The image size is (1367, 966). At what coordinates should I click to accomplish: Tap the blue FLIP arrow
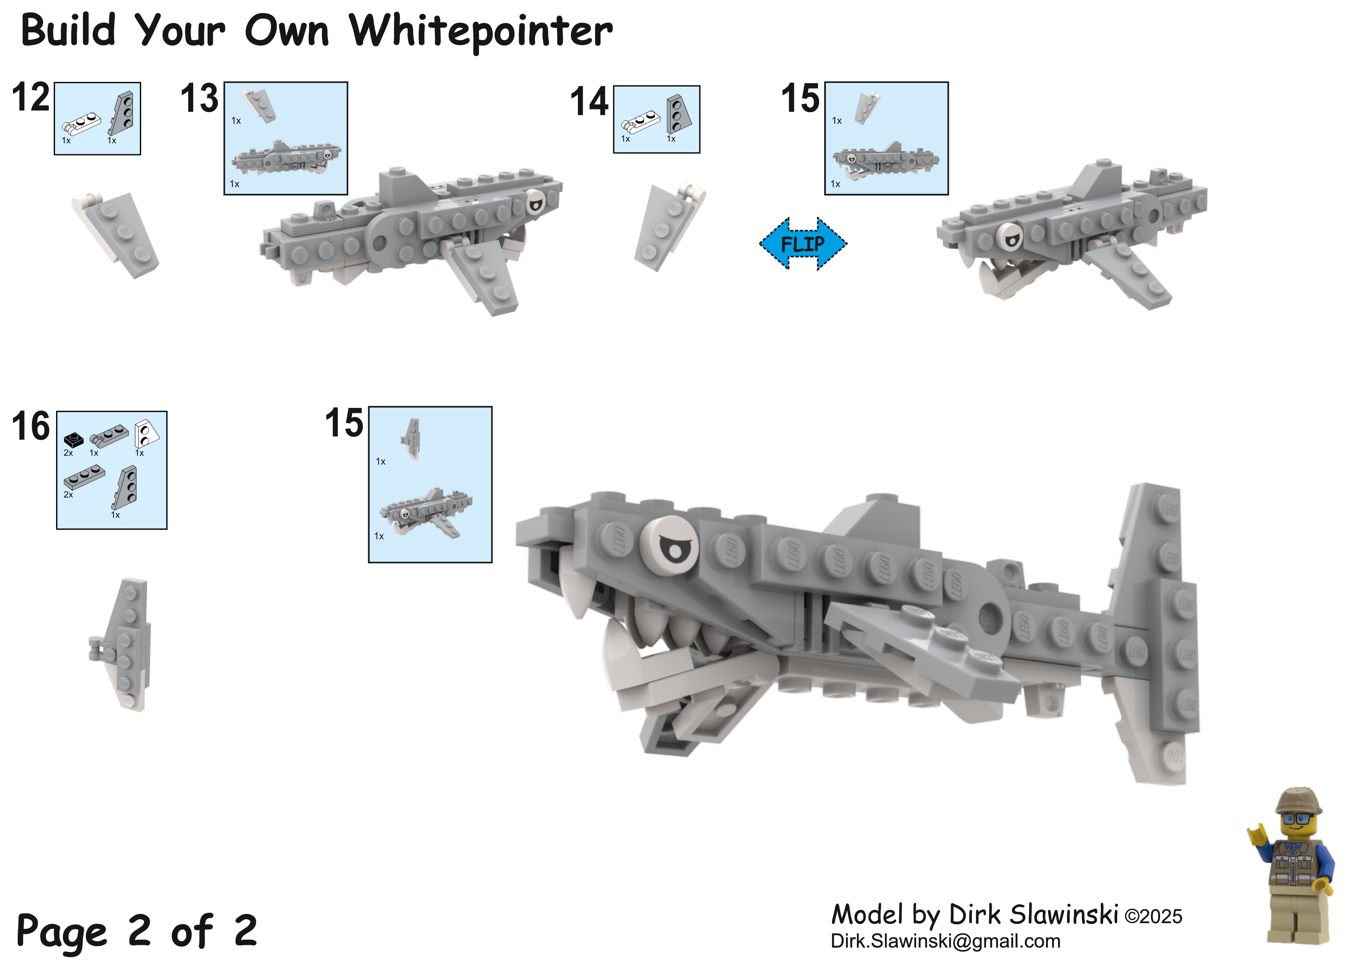[x=803, y=243]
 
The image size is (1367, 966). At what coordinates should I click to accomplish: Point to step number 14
[x=590, y=101]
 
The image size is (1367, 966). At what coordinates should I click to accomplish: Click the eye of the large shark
[x=670, y=545]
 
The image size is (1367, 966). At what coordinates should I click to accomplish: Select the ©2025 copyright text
[x=1153, y=917]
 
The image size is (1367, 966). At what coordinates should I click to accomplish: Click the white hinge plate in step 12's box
[x=81, y=124]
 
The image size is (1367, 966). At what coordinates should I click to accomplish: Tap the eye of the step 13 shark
[x=535, y=203]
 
